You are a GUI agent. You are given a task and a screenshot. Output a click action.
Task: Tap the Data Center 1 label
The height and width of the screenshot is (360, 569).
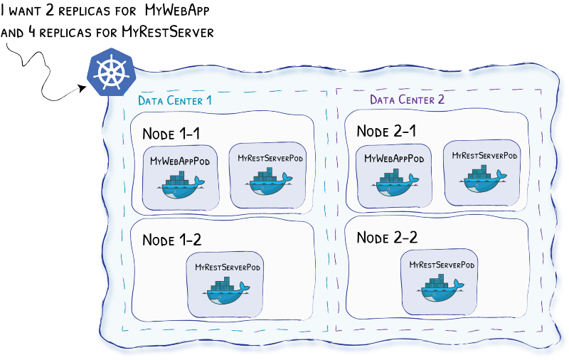coord(174,100)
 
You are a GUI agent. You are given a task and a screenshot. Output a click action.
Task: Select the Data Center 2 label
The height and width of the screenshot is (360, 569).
coord(407,100)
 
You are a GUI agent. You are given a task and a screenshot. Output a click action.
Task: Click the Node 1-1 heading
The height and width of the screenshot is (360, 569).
coord(171,134)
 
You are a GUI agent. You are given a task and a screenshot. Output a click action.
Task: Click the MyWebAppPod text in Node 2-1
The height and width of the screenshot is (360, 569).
coord(393,159)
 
